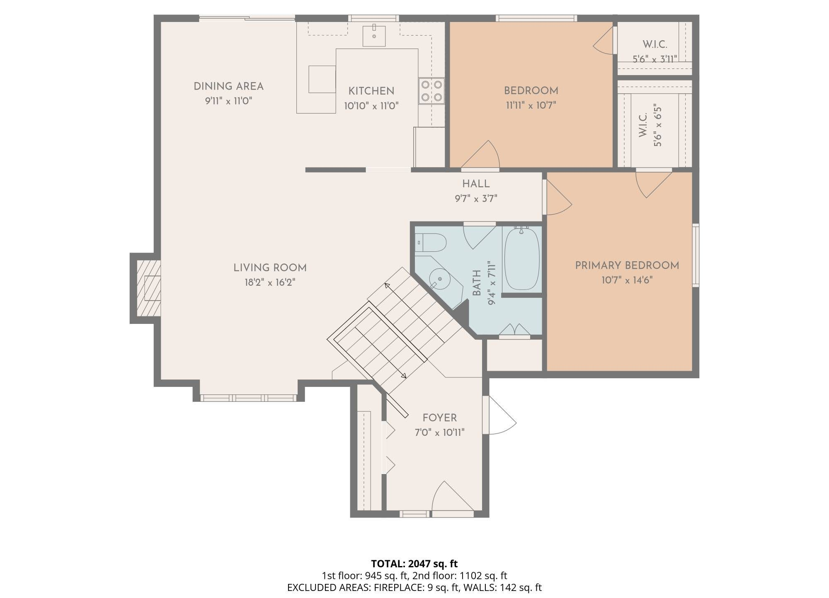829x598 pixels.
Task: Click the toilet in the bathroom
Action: (431, 243)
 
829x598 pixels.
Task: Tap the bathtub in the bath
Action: (522, 259)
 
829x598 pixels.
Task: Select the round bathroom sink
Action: (439, 279)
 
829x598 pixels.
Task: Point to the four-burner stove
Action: (431, 91)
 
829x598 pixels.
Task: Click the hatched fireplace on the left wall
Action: (148, 288)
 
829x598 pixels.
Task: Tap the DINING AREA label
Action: (228, 86)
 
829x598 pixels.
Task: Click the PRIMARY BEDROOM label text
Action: (627, 265)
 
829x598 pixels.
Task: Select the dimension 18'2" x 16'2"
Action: (270, 283)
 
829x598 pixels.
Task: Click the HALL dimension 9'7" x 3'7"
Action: (476, 199)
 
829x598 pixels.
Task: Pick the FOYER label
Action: (439, 418)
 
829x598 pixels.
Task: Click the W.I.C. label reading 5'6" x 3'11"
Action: (654, 59)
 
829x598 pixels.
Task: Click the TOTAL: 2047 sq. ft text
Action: (414, 564)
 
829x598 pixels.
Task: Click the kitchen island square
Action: (322, 79)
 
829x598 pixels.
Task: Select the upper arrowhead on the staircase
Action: (387, 285)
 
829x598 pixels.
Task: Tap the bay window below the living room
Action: (248, 398)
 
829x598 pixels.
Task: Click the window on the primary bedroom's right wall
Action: (696, 255)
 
